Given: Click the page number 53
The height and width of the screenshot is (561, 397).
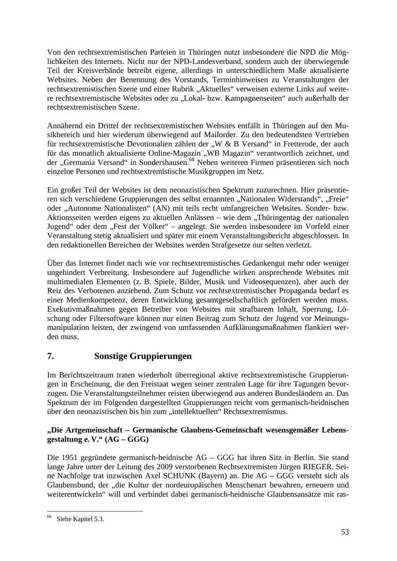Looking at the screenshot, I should click(x=345, y=532).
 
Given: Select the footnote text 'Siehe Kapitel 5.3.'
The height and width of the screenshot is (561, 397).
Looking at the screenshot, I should click(x=80, y=519).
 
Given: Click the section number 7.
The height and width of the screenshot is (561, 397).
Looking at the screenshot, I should click(x=50, y=356).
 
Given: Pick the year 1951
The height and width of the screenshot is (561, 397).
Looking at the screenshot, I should click(x=68, y=456).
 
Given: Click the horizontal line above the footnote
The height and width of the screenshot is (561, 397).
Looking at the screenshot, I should click(x=95, y=511).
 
